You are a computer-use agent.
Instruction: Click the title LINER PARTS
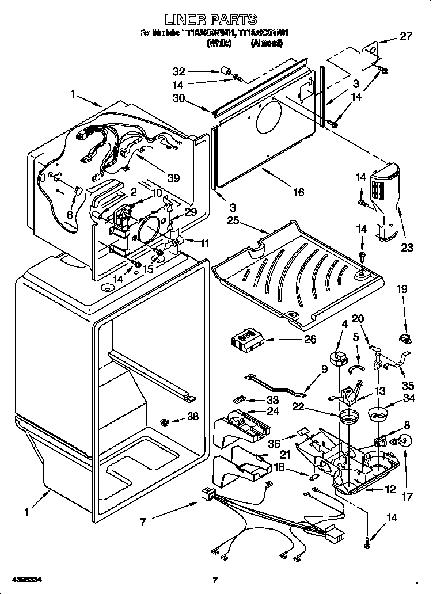[x=215, y=20]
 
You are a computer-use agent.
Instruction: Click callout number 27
[x=407, y=37]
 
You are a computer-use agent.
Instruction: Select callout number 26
[x=310, y=340]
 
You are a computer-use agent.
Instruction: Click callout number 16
[x=298, y=192]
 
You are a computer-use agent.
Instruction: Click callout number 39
[x=173, y=178]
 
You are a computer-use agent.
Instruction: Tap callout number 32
[x=179, y=72]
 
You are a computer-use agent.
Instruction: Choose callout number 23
[x=408, y=249]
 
